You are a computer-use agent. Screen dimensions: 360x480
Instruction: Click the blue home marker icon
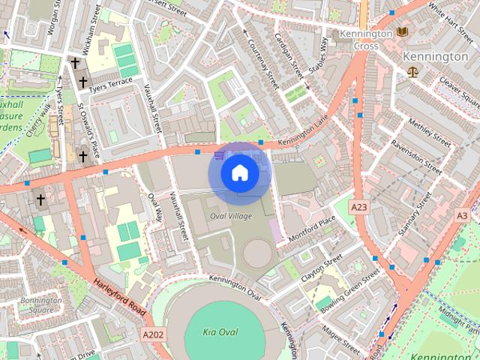click(x=239, y=173)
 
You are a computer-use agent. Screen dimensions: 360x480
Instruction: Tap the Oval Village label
click(x=231, y=216)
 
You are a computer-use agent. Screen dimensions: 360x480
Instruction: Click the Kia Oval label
click(x=220, y=331)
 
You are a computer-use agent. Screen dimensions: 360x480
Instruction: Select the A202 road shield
click(x=152, y=334)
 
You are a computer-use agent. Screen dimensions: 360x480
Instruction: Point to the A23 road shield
click(x=360, y=206)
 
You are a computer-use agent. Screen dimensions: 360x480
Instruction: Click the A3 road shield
click(x=462, y=215)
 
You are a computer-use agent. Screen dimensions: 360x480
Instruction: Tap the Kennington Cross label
click(x=365, y=39)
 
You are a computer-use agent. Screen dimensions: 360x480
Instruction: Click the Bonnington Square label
click(x=41, y=305)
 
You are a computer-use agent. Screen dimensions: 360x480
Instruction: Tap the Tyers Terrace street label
click(x=109, y=87)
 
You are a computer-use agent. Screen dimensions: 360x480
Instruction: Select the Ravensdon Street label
click(x=416, y=152)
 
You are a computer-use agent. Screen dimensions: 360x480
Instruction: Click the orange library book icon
click(x=403, y=31)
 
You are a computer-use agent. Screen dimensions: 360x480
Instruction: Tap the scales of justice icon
click(x=412, y=72)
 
